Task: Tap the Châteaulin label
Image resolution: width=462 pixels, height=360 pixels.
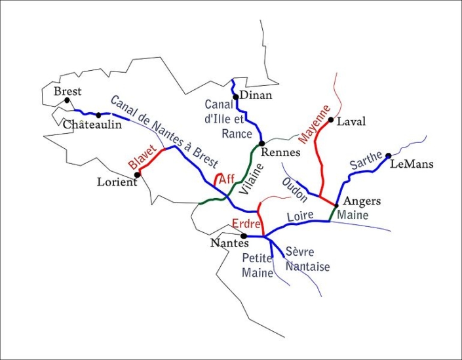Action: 92,125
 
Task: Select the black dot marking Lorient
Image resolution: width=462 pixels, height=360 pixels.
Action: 138,174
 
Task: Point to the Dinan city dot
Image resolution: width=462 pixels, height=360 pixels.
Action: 235,96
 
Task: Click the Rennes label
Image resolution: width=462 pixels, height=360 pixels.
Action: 280,152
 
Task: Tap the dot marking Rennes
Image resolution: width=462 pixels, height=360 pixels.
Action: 261,143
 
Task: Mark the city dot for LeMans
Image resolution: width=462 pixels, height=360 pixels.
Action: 388,155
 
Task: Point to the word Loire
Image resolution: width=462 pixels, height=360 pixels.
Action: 300,216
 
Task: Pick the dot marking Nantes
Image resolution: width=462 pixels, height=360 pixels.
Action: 243,236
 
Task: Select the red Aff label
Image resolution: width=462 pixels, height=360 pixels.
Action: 227,178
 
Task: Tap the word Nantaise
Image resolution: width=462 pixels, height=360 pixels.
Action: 307,267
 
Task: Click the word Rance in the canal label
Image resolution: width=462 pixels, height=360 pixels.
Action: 237,134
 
